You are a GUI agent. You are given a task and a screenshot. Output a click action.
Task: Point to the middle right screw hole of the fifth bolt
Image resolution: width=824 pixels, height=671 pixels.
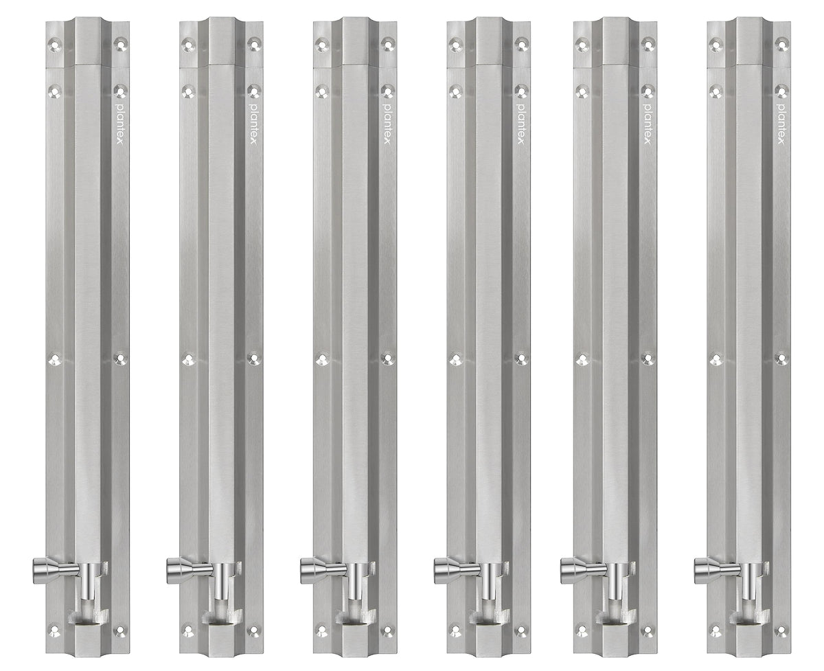[x=646, y=358]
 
